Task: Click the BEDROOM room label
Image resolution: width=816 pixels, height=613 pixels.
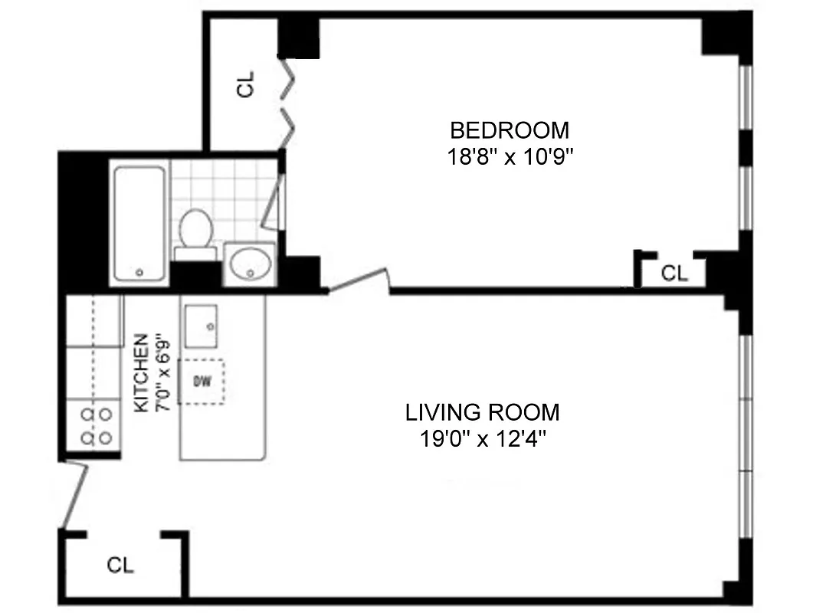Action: [510, 129]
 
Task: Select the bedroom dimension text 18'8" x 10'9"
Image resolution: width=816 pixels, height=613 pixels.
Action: [510, 156]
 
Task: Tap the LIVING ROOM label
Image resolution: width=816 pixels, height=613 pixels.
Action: [482, 412]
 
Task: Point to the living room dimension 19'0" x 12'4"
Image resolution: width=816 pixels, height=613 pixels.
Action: [482, 440]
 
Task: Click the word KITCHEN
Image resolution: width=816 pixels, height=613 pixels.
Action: [141, 373]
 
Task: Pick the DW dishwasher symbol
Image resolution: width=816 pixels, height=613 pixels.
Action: [202, 380]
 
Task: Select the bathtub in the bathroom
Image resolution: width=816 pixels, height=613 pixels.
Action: [139, 223]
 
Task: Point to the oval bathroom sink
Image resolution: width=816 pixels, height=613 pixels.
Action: [250, 264]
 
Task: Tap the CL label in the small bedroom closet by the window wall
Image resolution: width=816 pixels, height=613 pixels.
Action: [674, 274]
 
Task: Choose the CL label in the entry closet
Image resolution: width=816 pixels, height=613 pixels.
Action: [120, 565]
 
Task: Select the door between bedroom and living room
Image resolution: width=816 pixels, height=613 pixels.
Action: [358, 280]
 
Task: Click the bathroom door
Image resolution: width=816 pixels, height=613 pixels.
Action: [274, 202]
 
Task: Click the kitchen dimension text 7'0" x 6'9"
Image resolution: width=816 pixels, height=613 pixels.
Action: [162, 373]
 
